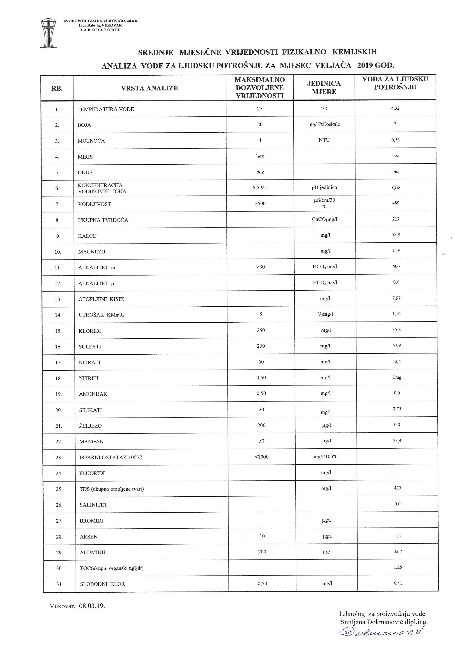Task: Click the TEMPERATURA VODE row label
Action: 105,109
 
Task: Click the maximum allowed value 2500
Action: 260,203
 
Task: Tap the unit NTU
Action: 324,140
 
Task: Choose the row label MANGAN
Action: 91,441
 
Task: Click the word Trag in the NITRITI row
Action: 397,377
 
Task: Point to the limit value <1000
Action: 261,457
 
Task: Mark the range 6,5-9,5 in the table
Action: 260,188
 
